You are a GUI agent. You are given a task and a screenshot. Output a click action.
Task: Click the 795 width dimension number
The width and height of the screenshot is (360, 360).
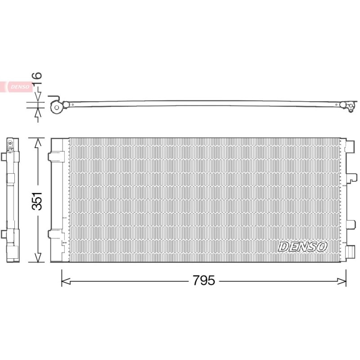pyautogui.click(x=204, y=280)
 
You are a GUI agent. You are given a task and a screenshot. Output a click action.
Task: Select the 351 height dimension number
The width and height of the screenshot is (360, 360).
pyautogui.click(x=37, y=201)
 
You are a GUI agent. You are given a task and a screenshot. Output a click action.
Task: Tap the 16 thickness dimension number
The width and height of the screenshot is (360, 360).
pyautogui.click(x=37, y=78)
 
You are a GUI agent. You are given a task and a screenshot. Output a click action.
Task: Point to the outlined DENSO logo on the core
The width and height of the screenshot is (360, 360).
pyautogui.click(x=302, y=247)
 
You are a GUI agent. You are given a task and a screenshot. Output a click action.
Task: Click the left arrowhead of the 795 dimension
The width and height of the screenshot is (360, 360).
pyautogui.click(x=66, y=281)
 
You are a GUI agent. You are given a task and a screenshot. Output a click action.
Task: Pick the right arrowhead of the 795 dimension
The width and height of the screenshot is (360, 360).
pyautogui.click(x=342, y=281)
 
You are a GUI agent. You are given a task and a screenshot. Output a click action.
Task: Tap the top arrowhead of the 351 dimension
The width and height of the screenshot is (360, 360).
pyautogui.click(x=38, y=143)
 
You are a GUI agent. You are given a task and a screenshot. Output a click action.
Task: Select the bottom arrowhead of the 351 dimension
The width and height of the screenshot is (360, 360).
pyautogui.click(x=38, y=257)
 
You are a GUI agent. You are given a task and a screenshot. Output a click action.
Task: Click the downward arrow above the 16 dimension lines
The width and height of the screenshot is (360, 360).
pyautogui.click(x=38, y=97)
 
